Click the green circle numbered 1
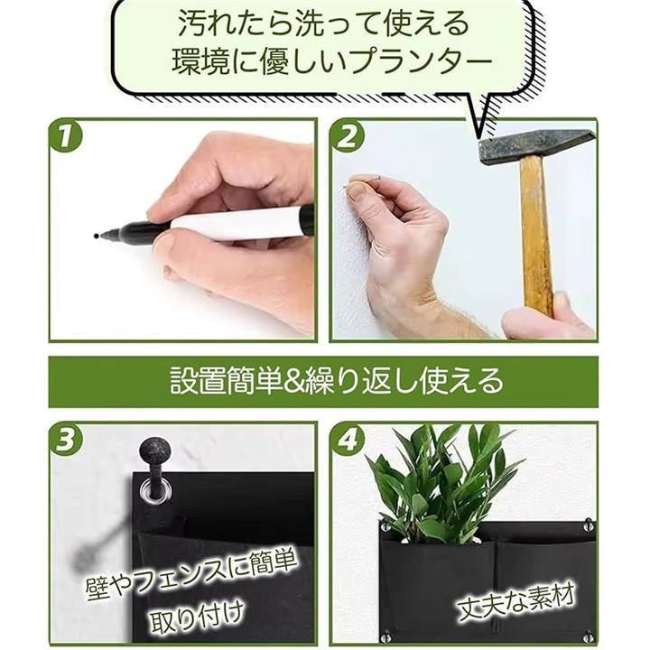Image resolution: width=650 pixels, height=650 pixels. pos(66,136)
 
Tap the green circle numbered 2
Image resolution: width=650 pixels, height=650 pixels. pos(348,136)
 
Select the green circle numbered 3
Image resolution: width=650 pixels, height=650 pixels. pos(66,440)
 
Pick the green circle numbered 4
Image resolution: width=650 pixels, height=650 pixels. pos(348,440)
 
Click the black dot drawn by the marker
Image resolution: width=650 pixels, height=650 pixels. pos(97,237)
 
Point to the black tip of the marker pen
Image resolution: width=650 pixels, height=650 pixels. pos(104,236)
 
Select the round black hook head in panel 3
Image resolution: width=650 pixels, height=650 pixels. pos(155,450)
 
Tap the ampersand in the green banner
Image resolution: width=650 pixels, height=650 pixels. pos(293,382)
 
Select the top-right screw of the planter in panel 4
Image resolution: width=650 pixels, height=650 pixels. pos(588,525)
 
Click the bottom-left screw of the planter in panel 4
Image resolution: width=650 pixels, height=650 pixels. pos(386,636)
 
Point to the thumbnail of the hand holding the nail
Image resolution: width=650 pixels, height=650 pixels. pos(357,190)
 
